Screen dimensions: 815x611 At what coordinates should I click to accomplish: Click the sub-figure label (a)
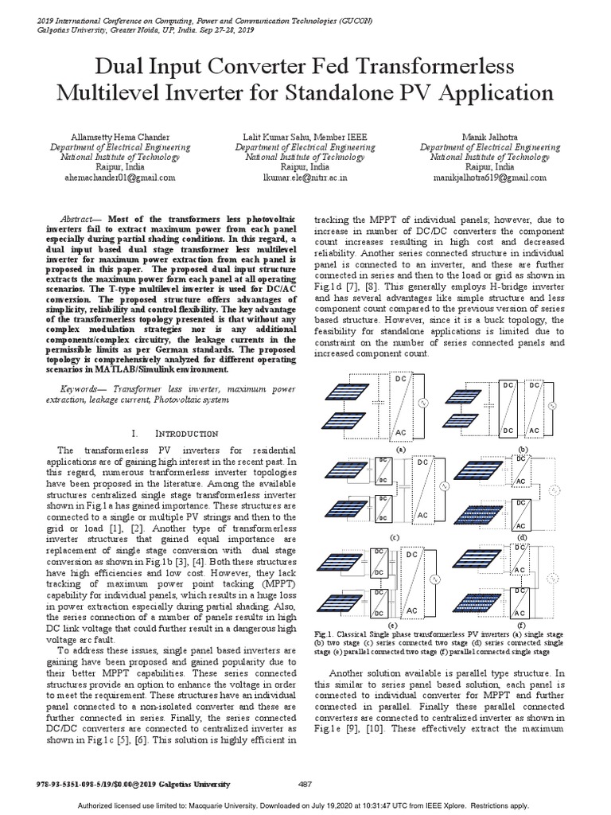tap(401, 449)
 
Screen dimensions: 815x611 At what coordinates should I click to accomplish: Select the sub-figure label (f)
tap(521, 626)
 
